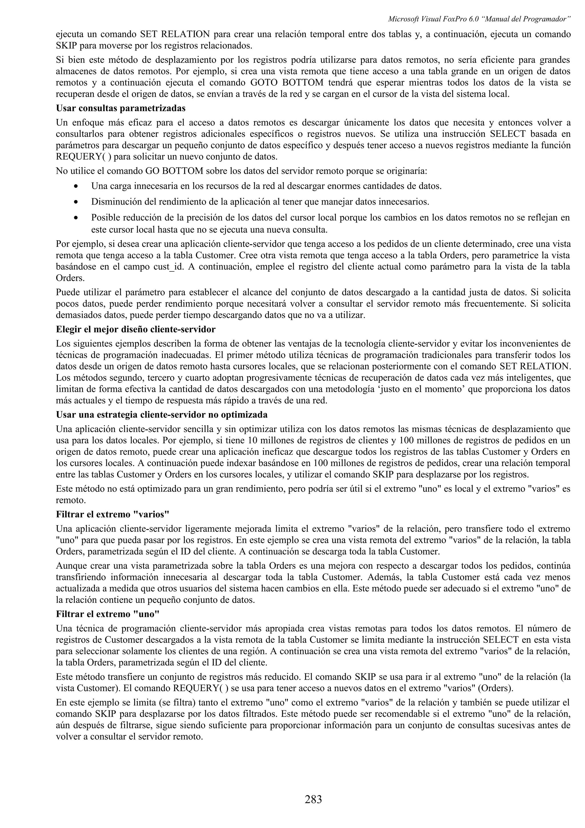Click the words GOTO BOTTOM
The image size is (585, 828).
287,83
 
